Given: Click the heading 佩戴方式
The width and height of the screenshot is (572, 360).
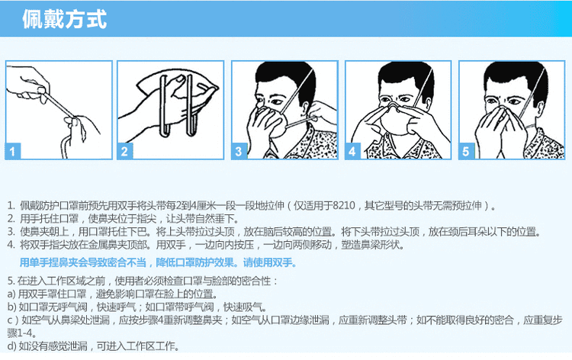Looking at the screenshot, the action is (64, 18).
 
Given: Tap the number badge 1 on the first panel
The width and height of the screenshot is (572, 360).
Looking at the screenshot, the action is (13, 151).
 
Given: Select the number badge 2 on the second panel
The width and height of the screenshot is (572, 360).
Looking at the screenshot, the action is (125, 151).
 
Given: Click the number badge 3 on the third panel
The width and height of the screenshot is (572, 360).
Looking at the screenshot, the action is (239, 151).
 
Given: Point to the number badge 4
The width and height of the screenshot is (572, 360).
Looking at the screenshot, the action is (352, 151).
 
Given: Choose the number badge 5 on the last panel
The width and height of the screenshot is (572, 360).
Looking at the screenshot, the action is (466, 151).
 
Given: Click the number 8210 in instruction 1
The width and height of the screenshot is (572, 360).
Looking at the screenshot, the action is (342, 206).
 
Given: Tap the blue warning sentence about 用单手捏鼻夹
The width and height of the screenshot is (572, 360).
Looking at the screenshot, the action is (158, 262).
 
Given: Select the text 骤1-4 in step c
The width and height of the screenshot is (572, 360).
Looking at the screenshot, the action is (21, 333).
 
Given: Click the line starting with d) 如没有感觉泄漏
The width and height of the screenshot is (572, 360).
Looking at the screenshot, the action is (93, 346).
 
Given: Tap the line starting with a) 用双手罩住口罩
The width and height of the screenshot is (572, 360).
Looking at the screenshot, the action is (113, 294).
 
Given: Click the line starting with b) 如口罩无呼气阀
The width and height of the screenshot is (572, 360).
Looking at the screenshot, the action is (137, 307).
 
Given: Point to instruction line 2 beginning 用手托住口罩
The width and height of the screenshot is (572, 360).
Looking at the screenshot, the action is (124, 219).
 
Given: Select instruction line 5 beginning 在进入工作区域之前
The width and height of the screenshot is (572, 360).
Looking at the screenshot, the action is (143, 281).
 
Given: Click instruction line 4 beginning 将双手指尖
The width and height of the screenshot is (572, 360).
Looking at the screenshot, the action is (206, 244).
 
